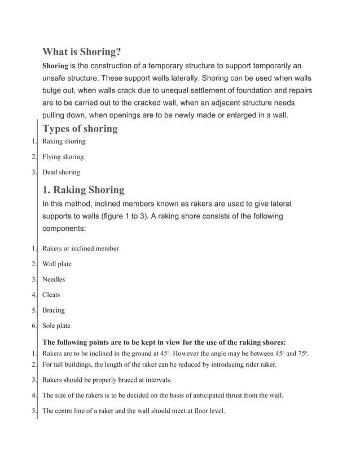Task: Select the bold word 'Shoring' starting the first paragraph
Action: [x=55, y=66]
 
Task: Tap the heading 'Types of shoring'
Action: [x=80, y=129]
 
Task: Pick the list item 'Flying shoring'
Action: [x=63, y=157]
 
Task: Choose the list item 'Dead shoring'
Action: [x=62, y=172]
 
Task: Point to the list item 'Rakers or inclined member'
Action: [x=81, y=248]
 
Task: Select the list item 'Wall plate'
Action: [x=57, y=264]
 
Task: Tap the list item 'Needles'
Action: [x=54, y=279]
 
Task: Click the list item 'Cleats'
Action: [x=51, y=294]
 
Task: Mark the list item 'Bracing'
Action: [x=54, y=310]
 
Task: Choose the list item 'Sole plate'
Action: [x=56, y=326]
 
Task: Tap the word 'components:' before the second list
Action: [x=64, y=229]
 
